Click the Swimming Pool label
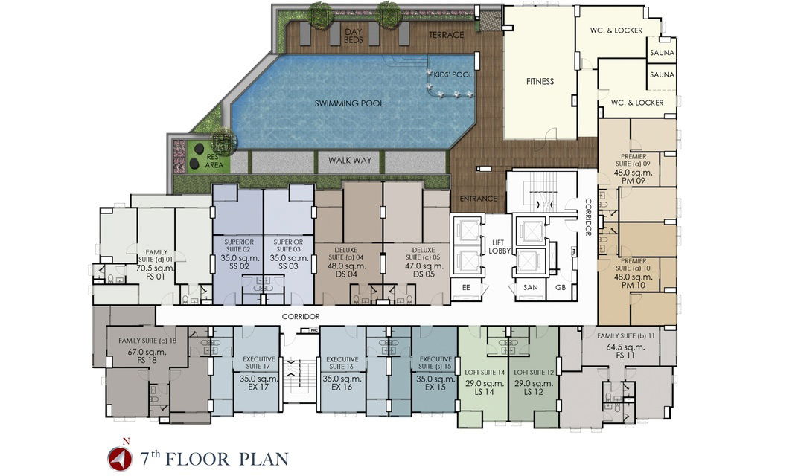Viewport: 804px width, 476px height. pos(348,103)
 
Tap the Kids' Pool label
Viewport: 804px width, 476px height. pos(453,75)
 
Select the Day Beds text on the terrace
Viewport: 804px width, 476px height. pos(354,36)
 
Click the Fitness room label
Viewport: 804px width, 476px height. pos(540,81)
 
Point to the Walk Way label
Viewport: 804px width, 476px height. pos(350,161)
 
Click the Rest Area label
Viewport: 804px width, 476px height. pos(214,161)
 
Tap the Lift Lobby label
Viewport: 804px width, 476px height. pos(500,246)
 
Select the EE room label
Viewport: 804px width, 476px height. pos(466,287)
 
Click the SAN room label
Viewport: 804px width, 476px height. pos(530,287)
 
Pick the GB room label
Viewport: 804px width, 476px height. pos(561,287)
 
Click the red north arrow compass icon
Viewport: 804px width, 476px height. pos(118,457)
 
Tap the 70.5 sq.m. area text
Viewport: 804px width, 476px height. pos(156,268)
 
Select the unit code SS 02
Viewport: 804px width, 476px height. pos(238,266)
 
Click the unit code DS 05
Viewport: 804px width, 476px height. pos(424,274)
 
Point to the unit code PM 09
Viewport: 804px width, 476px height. pos(634,181)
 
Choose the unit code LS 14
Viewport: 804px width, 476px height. pos(484,392)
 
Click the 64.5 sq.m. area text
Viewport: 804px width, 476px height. pos(625,347)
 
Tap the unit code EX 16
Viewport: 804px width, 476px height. pos(342,387)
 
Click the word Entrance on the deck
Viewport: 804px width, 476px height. pos(478,199)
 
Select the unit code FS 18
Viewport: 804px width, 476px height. pos(147,360)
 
